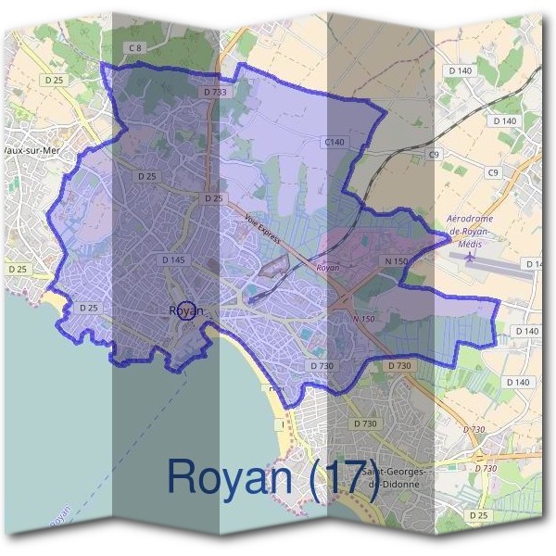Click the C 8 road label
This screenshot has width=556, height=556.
[x=136, y=47]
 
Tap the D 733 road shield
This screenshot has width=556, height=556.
[x=214, y=92]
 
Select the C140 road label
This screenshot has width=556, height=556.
[x=334, y=142]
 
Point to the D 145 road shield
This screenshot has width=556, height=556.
[x=173, y=259]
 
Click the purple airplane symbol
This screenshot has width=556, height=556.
[x=470, y=256]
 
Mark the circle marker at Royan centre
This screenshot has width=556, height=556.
[x=186, y=310]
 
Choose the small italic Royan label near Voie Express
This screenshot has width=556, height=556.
[x=328, y=267]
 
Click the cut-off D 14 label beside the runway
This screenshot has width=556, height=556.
[x=534, y=264]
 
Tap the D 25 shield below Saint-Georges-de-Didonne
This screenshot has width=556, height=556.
[x=478, y=514]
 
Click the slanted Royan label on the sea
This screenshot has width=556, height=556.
[x=58, y=520]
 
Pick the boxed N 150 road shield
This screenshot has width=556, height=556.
[x=396, y=262]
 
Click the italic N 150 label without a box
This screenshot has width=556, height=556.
[x=363, y=319]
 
